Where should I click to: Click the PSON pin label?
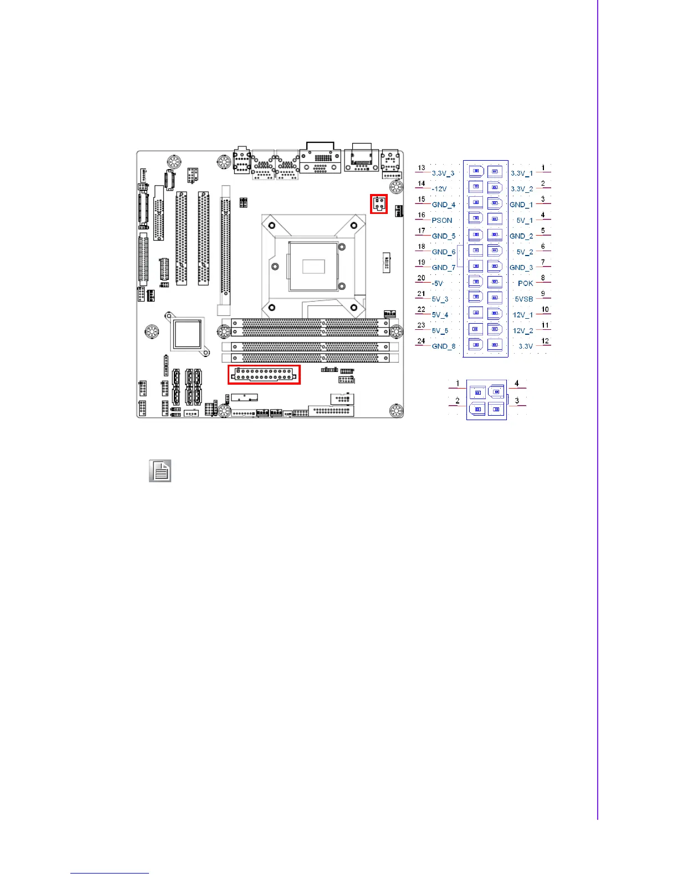[442, 221]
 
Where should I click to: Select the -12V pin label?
[439, 189]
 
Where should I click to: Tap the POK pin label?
[525, 283]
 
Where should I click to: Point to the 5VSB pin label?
[524, 299]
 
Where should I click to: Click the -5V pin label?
[438, 283]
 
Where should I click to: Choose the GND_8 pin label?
[444, 346]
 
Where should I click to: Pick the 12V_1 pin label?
[522, 315]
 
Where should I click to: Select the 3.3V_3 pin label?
[443, 173]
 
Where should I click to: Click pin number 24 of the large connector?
[422, 341]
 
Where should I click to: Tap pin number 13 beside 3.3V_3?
[422, 168]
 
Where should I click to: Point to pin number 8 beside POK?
[543, 278]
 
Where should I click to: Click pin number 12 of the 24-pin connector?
[545, 341]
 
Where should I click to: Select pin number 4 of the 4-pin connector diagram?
[517, 383]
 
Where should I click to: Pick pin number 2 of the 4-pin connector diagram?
[458, 400]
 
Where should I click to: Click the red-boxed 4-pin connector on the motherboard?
[379, 203]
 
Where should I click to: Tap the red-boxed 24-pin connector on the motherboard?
[264, 374]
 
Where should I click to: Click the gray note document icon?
[160, 471]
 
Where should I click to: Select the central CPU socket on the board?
[312, 265]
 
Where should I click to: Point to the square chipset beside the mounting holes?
[187, 334]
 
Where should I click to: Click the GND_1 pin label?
[521, 205]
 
